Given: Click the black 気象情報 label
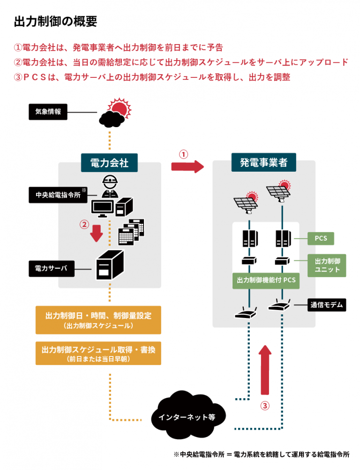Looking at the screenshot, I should [x=48, y=112].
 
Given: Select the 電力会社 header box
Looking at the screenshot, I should [x=109, y=162].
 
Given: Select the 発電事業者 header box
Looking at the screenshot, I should [x=264, y=162].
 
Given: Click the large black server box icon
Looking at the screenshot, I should [x=110, y=265].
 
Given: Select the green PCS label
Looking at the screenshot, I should [x=321, y=238].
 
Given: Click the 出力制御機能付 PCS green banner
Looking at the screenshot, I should [x=266, y=280].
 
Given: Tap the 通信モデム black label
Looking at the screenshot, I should [x=327, y=305].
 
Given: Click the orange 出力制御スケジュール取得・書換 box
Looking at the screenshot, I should [x=98, y=353].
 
